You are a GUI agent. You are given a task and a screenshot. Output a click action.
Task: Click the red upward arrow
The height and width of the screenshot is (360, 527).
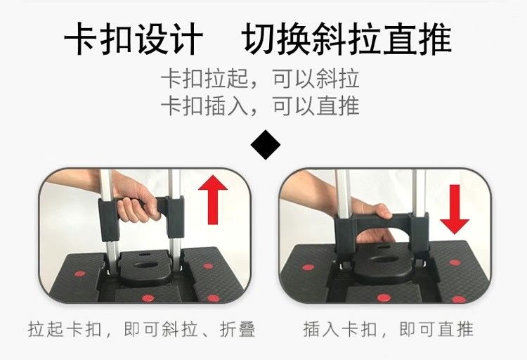(213, 200)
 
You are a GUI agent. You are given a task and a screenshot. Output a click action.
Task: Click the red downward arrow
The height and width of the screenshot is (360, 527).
(455, 209)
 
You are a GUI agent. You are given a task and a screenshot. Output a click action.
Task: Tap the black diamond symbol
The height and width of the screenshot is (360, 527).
(265, 145)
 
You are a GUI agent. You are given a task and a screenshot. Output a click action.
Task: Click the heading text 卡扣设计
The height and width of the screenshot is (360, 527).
(134, 39)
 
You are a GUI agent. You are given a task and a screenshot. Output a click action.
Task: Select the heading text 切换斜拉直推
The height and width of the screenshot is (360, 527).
(348, 39)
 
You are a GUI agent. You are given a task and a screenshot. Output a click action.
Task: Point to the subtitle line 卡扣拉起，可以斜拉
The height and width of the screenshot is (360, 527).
(260, 79)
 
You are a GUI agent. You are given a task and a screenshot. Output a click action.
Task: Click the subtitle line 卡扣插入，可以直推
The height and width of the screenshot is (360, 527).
(260, 105)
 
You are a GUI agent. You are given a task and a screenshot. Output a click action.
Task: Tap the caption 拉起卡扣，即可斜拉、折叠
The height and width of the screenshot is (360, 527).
(141, 329)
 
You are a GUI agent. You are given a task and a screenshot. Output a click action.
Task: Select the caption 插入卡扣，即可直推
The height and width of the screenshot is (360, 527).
(389, 329)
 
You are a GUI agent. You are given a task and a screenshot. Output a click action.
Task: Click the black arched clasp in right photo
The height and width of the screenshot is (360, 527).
(382, 224)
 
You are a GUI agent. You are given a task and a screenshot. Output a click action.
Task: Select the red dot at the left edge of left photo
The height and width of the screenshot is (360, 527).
(79, 274)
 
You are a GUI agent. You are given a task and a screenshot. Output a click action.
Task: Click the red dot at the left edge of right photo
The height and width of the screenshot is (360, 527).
(308, 267)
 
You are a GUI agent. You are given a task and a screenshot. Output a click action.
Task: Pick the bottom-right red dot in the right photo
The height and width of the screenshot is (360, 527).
(458, 299)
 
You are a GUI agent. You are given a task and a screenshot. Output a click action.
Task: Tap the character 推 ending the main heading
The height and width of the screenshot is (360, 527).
(435, 39)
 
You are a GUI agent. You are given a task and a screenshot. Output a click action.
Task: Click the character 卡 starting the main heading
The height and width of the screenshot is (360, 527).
(81, 39)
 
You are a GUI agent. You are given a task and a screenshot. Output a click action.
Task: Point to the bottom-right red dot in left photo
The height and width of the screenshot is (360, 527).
(213, 298)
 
